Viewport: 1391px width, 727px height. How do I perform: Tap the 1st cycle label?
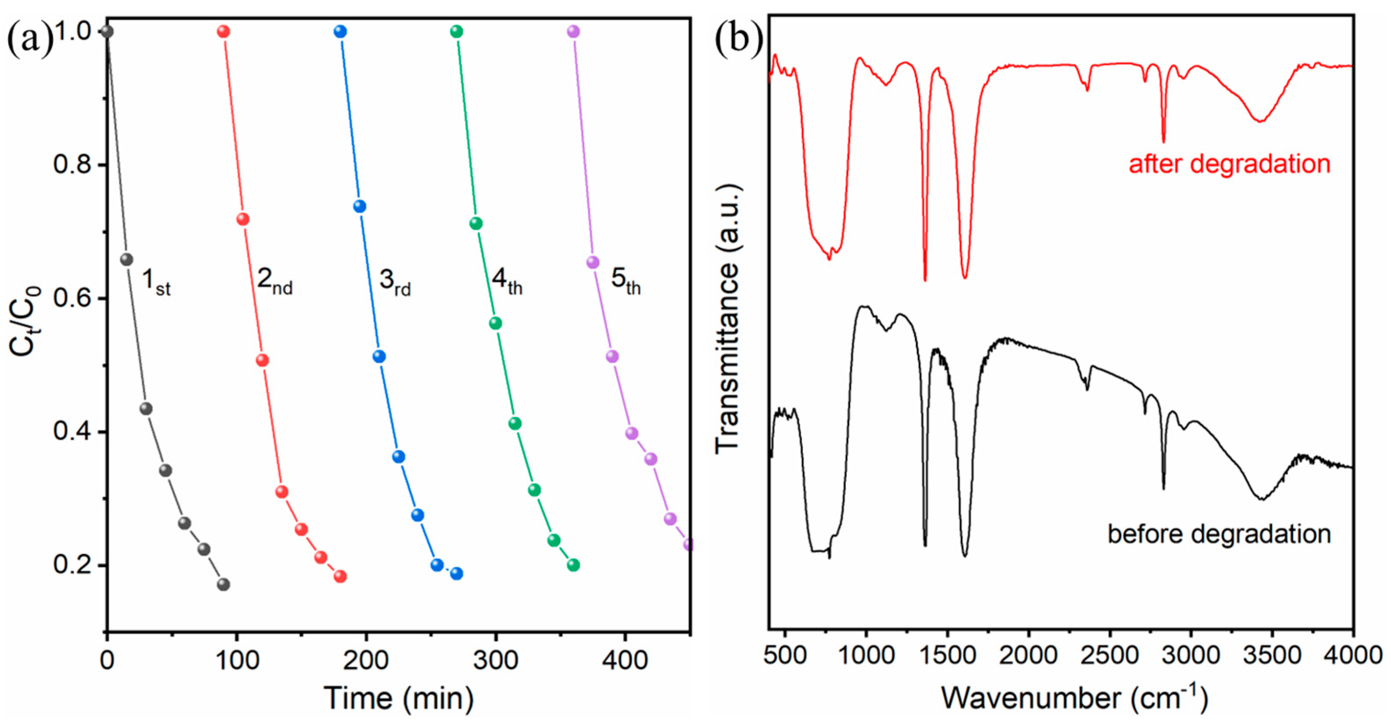pos(156,282)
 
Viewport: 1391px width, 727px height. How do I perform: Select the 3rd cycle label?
pos(395,282)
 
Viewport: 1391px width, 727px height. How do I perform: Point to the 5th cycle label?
pos(625,282)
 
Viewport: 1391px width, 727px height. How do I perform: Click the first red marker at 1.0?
pos(224,31)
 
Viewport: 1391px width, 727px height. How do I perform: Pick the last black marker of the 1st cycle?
pos(223,584)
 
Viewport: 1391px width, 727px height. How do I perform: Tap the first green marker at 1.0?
pos(457,31)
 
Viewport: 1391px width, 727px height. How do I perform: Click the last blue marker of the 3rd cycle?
pos(457,574)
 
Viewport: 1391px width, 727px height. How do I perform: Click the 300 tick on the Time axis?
pos(496,660)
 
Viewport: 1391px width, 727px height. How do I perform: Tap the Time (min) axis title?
pos(399,698)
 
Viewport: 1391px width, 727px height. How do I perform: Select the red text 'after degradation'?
pos(1230,163)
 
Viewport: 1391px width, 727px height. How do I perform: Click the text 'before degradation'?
pos(1219,534)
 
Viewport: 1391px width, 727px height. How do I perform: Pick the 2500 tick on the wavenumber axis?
pos(1109,656)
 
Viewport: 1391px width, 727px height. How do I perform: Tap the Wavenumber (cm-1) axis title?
pos(1074,697)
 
